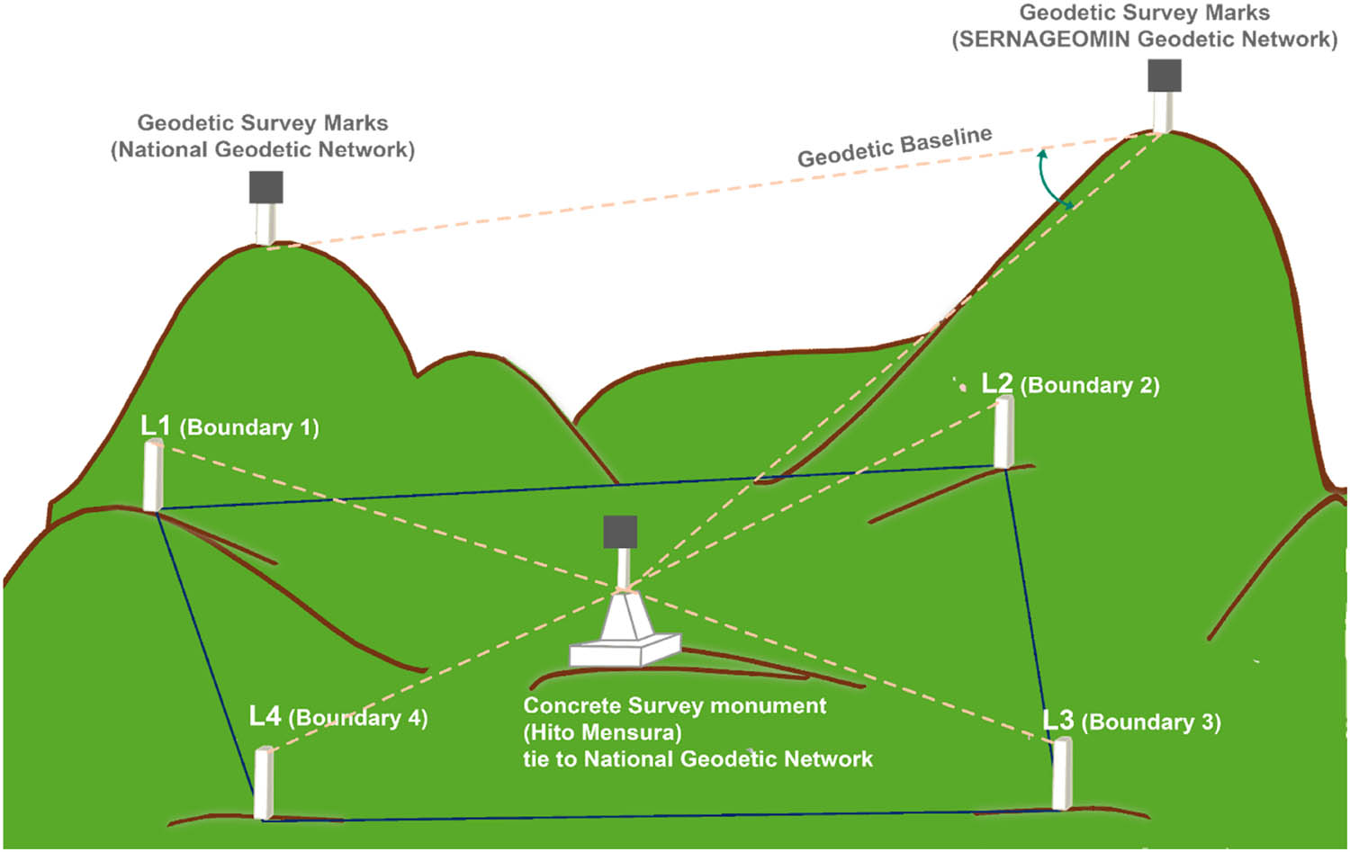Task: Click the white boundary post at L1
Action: [153, 476]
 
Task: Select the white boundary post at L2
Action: [1003, 432]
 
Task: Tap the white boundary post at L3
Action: [1063, 773]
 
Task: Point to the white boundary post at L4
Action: [263, 783]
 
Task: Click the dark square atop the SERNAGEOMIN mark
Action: [1164, 76]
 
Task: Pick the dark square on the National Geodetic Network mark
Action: [266, 187]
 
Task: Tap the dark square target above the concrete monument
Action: [620, 532]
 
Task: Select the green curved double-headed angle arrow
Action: [1050, 180]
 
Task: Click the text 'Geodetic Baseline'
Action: [895, 147]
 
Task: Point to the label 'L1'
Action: [156, 426]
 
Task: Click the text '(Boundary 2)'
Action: [1089, 386]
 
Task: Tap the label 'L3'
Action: [1058, 721]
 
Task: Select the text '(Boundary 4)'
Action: [357, 718]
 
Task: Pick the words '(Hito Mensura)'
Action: [602, 732]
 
